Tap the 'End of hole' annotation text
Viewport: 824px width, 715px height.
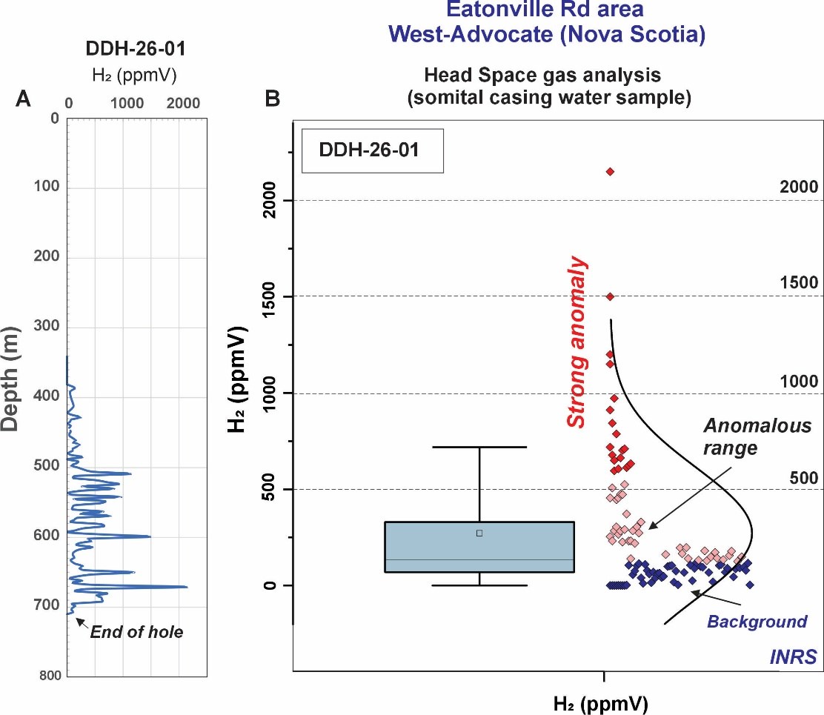pyautogui.click(x=136, y=632)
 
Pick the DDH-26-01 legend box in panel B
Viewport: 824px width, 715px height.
pyautogui.click(x=373, y=151)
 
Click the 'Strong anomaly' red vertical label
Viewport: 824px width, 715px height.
pyautogui.click(x=577, y=342)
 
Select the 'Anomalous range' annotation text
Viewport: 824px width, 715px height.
pyautogui.click(x=731, y=436)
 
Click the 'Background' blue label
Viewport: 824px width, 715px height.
pyautogui.click(x=757, y=622)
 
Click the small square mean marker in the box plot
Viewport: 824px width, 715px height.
pyautogui.click(x=479, y=533)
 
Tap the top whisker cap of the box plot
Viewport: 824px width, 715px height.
pyautogui.click(x=479, y=447)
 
